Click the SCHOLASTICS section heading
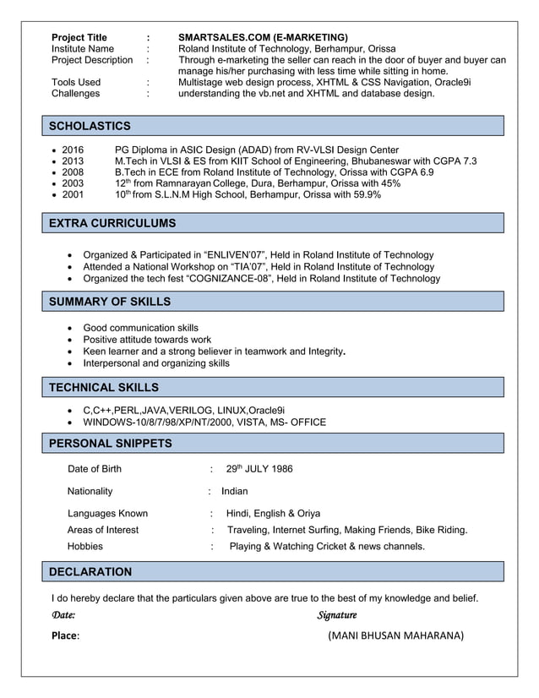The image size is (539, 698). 90,126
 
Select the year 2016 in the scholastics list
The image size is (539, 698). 73,150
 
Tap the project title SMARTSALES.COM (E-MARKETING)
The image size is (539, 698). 263,37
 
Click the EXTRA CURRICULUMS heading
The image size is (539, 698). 112,223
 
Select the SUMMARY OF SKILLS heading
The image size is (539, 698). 110,302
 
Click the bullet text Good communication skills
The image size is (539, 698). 140,328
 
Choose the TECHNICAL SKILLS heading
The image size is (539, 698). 104,387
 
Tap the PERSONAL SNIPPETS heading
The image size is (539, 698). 110,443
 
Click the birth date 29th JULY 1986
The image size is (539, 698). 259,469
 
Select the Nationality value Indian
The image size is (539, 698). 235,491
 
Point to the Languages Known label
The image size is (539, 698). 107,513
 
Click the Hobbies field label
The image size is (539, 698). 85,547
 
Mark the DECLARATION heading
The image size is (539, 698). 90,571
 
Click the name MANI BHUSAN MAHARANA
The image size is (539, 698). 395,635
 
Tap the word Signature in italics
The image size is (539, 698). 337,615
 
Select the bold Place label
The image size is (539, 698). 66,635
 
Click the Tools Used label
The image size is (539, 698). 76,82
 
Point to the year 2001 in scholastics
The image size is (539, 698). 73,194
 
